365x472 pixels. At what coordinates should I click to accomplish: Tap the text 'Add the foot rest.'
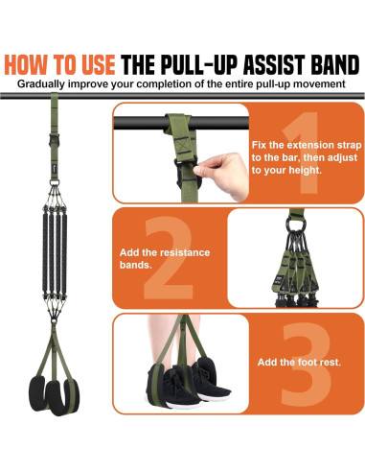(x=296, y=364)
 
